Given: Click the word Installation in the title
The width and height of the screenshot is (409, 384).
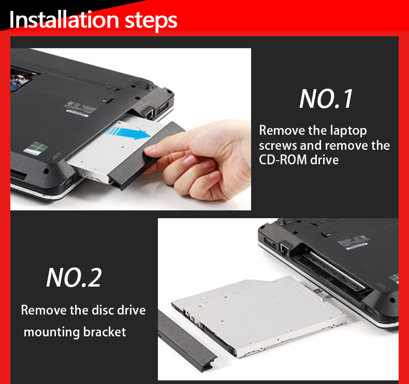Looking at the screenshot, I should point(64,20).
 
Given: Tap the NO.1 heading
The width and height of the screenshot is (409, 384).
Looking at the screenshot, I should point(326,98).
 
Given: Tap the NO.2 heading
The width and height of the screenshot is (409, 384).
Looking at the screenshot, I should point(74,277).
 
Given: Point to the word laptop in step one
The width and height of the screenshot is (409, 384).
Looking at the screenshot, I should point(347,130).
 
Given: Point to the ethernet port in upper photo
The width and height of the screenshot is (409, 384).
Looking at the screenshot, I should point(148,111).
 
